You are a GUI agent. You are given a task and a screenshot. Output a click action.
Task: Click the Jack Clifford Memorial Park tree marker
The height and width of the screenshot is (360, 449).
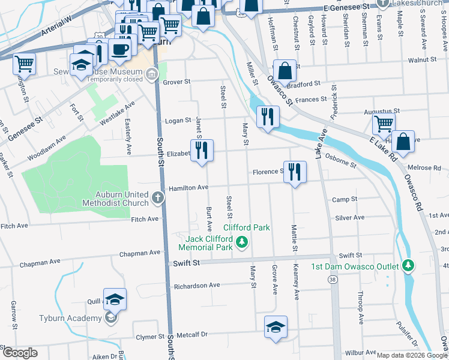pyautogui.click(x=241, y=242)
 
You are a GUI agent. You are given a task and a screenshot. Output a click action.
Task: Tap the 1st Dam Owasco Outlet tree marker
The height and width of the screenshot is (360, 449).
pyautogui.click(x=408, y=265)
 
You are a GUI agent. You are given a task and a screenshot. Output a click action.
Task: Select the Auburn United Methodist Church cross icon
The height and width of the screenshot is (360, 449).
pyautogui.click(x=157, y=197)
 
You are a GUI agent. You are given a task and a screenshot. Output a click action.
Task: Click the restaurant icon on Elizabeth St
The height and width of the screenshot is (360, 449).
pyautogui.click(x=202, y=151)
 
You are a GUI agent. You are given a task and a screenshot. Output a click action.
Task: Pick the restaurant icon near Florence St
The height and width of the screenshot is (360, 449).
pyautogui.click(x=295, y=172)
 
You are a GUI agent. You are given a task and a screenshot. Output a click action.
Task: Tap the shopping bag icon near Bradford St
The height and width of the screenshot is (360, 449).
pyautogui.click(x=285, y=70)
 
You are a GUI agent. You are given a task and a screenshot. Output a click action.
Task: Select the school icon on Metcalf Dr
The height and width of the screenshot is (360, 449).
pyautogui.click(x=276, y=327)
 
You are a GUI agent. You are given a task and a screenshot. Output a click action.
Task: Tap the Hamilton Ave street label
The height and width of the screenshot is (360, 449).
pyautogui.click(x=188, y=188)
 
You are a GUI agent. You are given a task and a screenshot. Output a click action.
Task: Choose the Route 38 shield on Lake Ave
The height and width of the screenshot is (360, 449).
pyautogui.click(x=333, y=279)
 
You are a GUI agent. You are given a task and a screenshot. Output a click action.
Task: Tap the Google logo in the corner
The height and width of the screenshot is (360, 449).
pyautogui.click(x=20, y=353)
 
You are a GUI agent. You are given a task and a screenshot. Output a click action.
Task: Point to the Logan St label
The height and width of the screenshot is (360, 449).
pyautogui.click(x=178, y=120)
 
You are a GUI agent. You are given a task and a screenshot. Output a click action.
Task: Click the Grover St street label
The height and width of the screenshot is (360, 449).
pyautogui.click(x=176, y=82)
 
